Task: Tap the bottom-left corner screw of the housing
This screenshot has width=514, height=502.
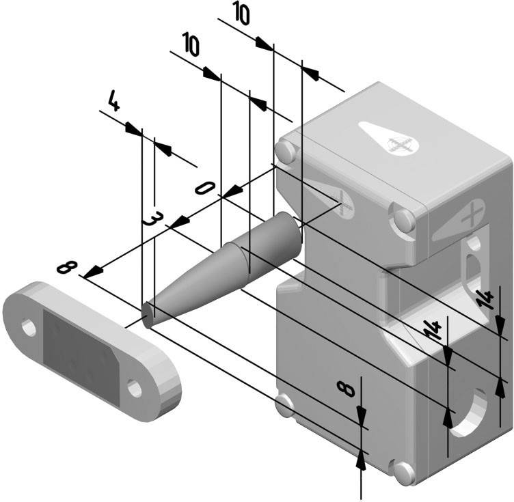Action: pyautogui.click(x=284, y=406)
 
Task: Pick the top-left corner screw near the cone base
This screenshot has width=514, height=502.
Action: pyautogui.click(x=286, y=152)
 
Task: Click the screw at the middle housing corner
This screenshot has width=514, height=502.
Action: pyautogui.click(x=403, y=219)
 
